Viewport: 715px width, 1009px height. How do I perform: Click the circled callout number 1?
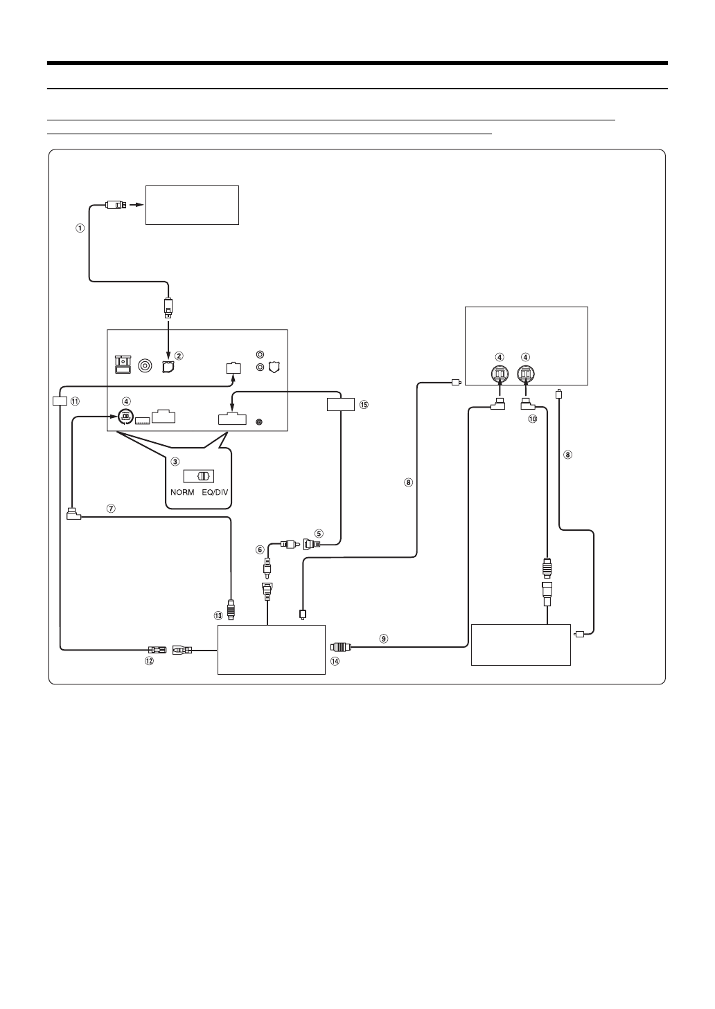click(x=80, y=228)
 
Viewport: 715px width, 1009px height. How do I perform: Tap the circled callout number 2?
click(x=179, y=356)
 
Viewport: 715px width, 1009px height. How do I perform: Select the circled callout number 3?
click(x=175, y=461)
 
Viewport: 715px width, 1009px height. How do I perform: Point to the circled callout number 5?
click(x=319, y=533)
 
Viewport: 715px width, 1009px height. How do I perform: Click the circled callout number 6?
click(x=261, y=549)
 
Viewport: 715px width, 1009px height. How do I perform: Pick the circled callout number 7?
click(x=110, y=507)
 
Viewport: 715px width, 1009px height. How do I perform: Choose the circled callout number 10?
click(x=532, y=418)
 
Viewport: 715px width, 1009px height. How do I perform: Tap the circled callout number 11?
click(x=75, y=401)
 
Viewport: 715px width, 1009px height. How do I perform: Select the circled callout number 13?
click(x=219, y=615)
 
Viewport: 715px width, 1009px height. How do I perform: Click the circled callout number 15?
click(x=364, y=404)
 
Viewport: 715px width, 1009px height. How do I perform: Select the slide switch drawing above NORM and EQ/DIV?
click(x=199, y=477)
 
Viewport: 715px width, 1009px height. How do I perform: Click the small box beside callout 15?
click(x=340, y=404)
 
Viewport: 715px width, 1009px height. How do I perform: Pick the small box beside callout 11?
click(x=60, y=401)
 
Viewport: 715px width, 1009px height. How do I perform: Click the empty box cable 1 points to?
click(x=192, y=205)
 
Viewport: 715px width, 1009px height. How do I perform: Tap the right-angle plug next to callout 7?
click(x=73, y=514)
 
